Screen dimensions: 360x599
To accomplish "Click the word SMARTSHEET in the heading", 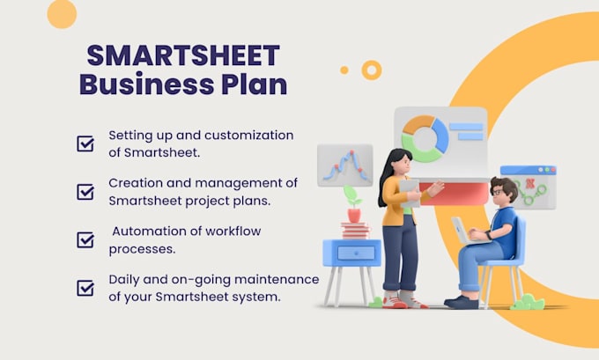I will coord(182,55).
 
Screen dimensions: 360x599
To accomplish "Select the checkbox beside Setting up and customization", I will coord(85,143).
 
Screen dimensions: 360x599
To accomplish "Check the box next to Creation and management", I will coord(85,191).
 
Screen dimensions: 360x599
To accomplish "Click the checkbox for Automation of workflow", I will coord(85,239).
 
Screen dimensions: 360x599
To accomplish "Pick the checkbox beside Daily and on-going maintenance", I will coord(85,287).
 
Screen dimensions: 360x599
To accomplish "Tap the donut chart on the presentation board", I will coord(425,138).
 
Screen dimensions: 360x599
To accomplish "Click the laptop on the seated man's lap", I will coord(462,231).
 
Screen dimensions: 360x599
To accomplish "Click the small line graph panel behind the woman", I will coord(344,166).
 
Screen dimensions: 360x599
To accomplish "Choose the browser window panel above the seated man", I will coord(529,186).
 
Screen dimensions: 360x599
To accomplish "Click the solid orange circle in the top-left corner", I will coord(62,13).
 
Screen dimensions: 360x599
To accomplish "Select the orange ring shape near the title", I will coord(372,70).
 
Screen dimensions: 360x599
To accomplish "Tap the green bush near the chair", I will coord(527,303).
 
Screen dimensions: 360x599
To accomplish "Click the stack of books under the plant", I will coord(354,231).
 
